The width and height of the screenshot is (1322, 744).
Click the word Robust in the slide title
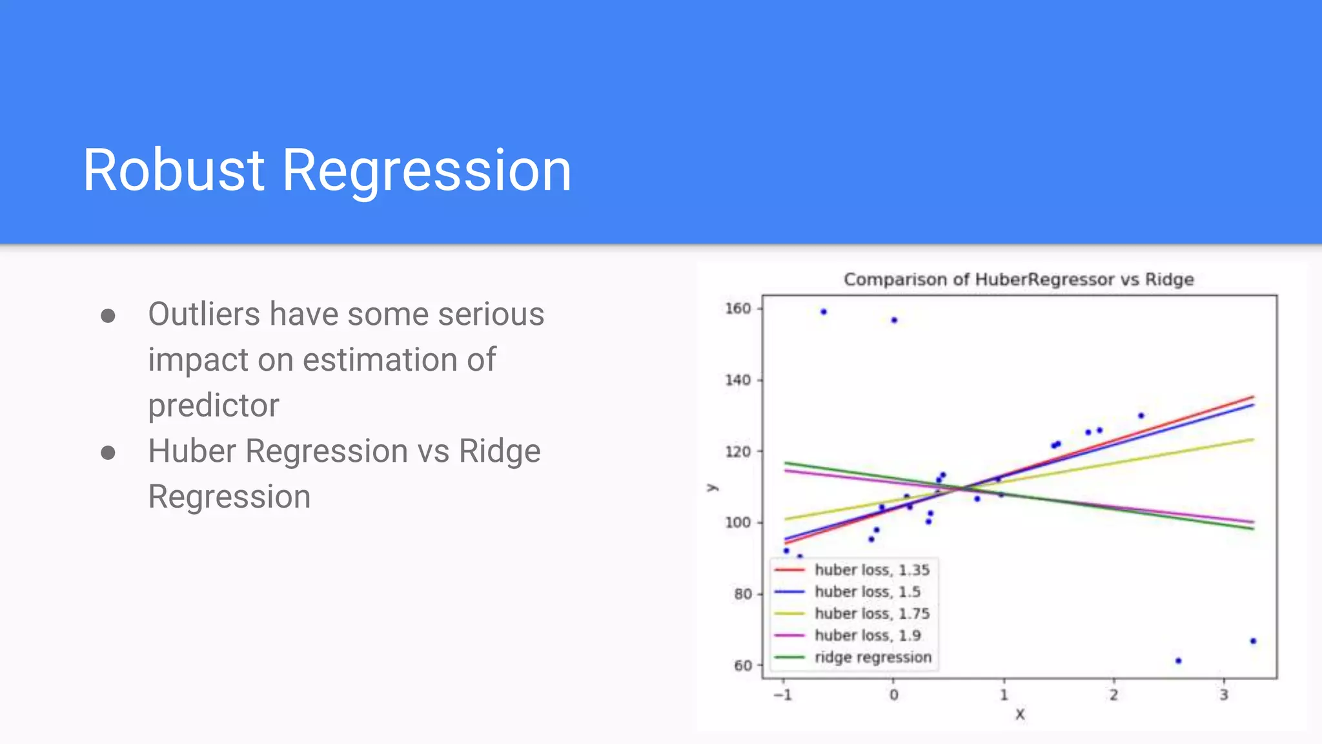174,170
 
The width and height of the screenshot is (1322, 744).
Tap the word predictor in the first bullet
214,406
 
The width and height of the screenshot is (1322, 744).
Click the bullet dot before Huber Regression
108,453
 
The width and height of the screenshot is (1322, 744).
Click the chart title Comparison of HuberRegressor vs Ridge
1019,280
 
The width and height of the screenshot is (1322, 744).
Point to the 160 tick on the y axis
738,309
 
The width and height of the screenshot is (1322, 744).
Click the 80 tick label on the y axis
742,594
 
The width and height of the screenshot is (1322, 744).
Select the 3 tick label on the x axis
1224,695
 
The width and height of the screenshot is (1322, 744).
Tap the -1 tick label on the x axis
782,695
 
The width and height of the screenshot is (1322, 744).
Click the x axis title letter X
1020,714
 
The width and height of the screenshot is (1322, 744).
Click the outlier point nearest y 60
1178,661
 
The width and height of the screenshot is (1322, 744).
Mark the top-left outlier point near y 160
824,312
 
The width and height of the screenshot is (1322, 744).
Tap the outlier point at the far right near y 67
1253,641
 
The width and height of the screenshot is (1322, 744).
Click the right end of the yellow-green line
1252,440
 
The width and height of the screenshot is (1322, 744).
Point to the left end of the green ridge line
786,463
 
